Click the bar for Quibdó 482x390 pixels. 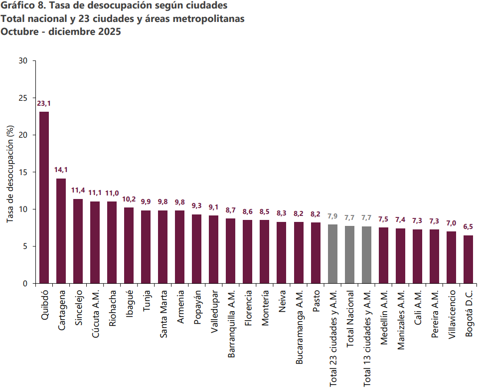pos(44,197)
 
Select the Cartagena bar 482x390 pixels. pos(61,231)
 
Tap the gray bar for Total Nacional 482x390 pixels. pos(350,254)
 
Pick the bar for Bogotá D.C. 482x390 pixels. pos(469,259)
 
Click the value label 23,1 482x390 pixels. pos(44,104)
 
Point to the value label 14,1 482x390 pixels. pos(61,170)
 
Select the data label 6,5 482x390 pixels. pos(469,226)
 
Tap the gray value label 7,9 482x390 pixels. pos(333,216)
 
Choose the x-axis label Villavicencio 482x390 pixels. pos(452,314)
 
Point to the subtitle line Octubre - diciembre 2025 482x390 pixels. pos(61,31)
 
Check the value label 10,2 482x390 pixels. pos(129,199)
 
